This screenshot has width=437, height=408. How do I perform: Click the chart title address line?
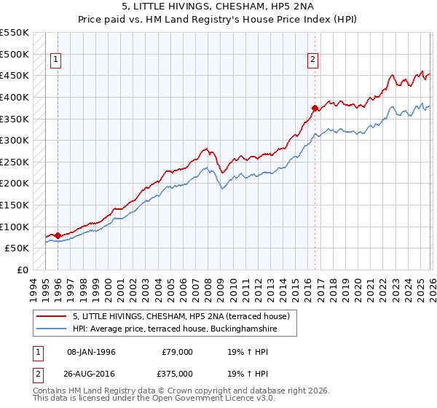point(219,7)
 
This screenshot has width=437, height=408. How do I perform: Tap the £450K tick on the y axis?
point(15,75)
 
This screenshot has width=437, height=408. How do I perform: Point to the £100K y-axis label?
point(15,227)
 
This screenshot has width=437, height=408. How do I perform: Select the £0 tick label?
point(22,270)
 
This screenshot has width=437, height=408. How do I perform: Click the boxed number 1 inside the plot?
point(57,60)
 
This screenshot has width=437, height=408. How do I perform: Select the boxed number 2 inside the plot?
point(313,60)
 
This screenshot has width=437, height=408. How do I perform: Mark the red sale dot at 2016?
point(315,108)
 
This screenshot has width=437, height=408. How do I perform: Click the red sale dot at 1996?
point(58,235)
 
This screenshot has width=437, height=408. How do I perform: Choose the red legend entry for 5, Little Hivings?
point(181,316)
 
